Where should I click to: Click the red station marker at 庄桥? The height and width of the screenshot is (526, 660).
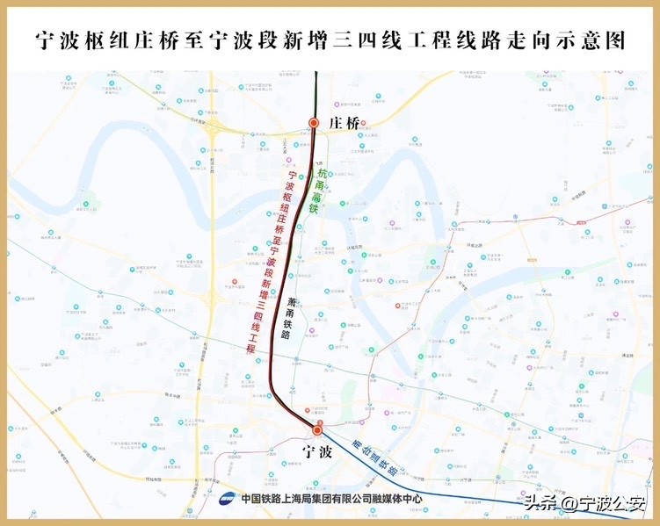[x=314, y=124]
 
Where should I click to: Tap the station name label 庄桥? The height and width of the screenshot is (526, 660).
[x=343, y=123]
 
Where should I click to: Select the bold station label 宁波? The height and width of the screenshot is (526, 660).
[x=317, y=452]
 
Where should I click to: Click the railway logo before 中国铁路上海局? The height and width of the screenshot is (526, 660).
[x=228, y=499]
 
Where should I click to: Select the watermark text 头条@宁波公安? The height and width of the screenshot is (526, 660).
[x=584, y=503]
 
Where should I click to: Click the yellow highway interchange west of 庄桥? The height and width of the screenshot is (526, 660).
[x=214, y=129]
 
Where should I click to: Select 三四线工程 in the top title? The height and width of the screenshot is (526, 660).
[x=391, y=41]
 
